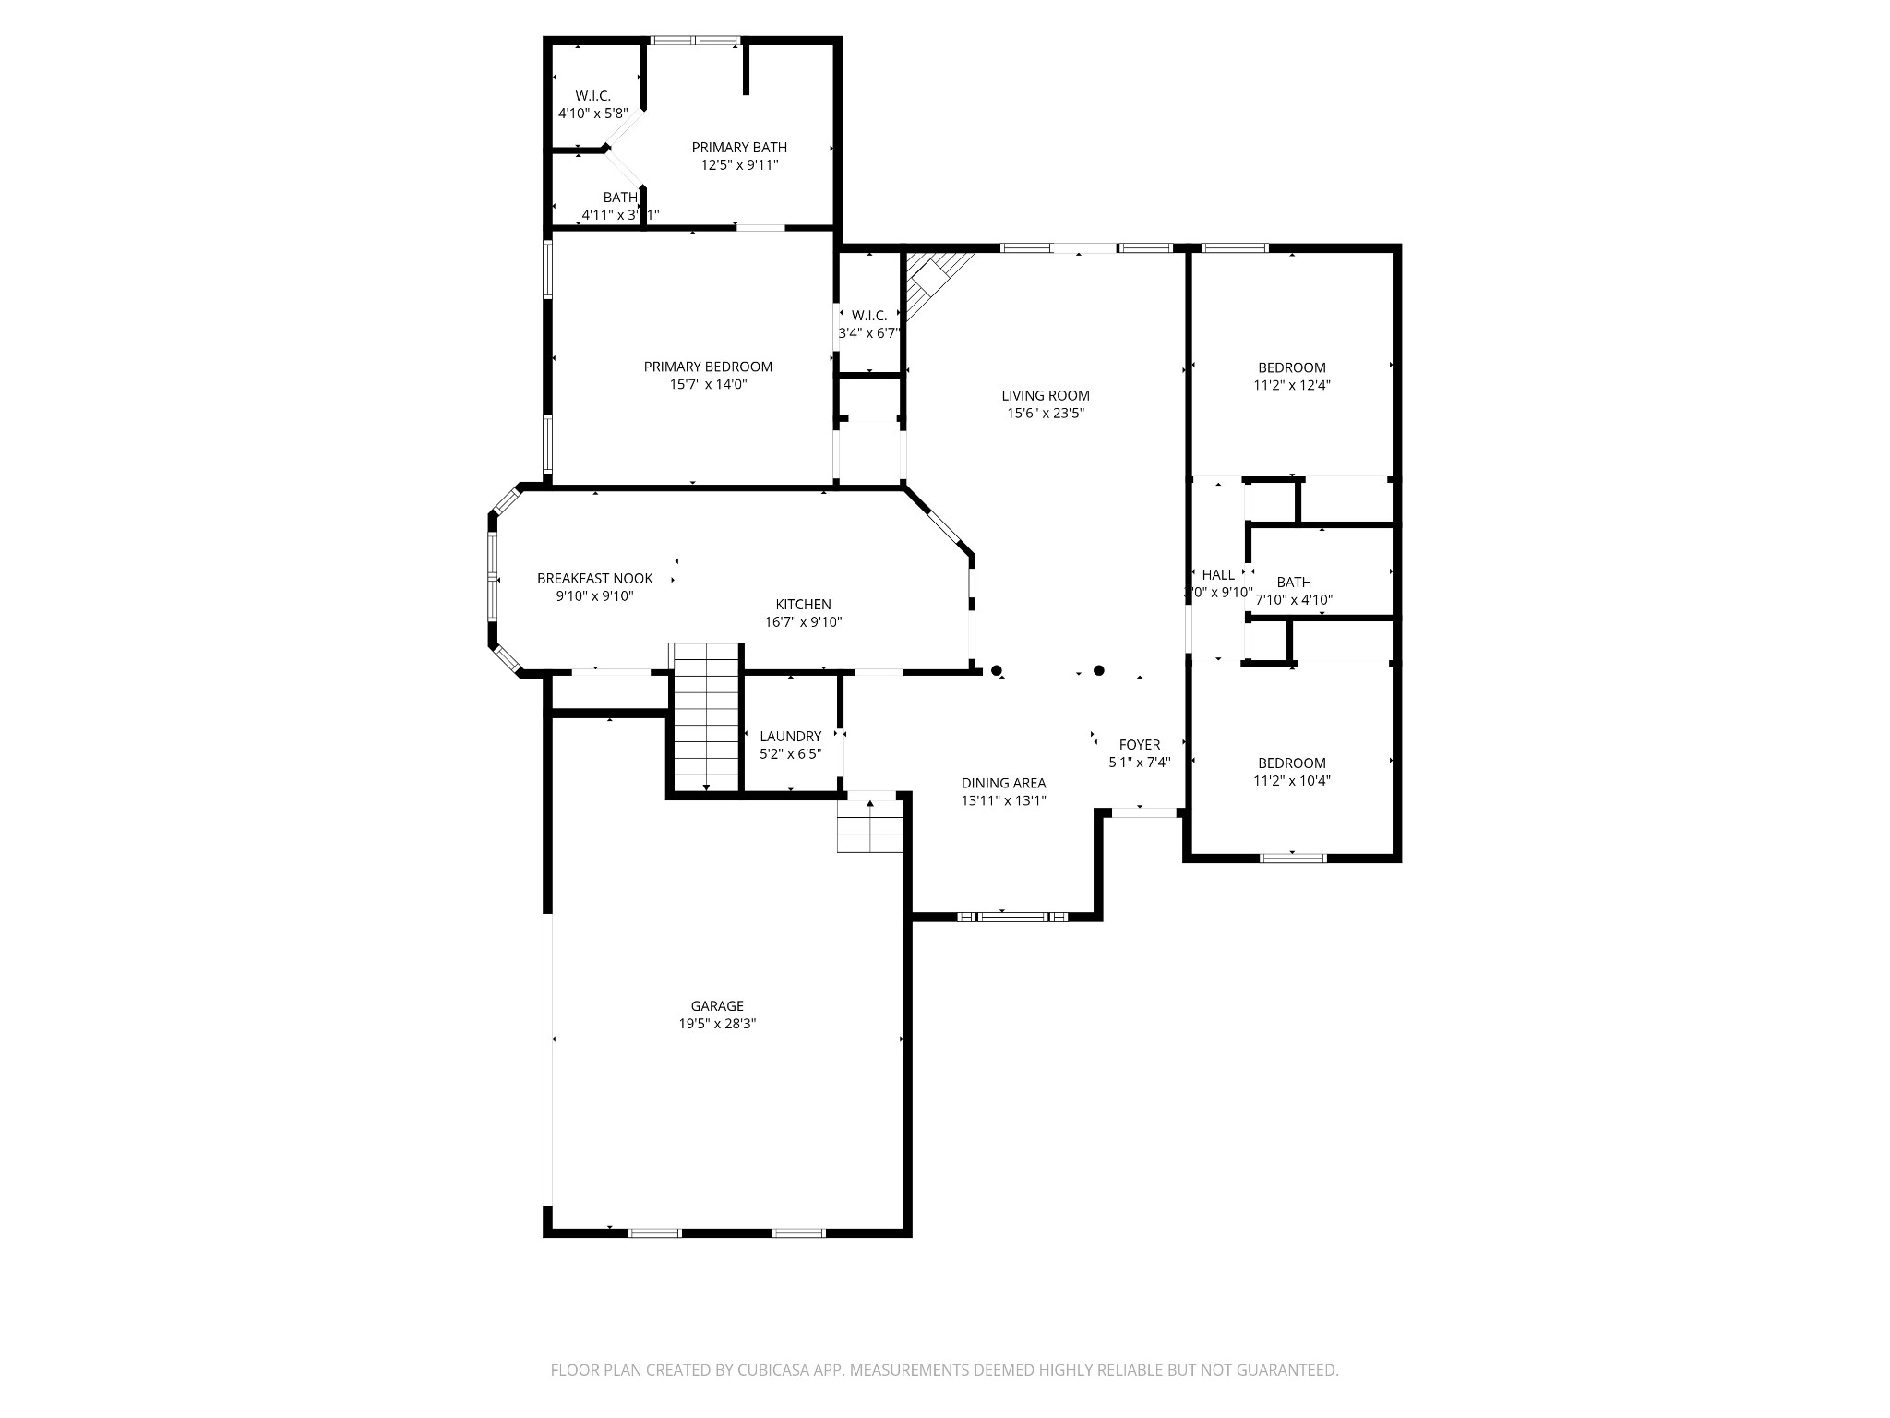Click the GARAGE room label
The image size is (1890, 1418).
717,1005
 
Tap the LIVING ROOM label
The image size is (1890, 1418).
1045,395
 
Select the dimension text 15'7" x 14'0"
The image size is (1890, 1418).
708,384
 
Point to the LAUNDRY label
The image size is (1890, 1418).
790,736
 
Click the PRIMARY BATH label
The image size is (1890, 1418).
739,147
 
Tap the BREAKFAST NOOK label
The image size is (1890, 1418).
594,578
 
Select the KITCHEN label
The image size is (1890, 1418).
803,604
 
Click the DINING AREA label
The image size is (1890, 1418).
1003,783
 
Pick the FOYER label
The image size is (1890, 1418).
1139,744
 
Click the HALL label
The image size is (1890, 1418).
1218,574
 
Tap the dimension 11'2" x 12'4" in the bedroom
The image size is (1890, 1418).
1291,385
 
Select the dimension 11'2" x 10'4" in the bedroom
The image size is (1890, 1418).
1291,780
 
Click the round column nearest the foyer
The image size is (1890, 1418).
1098,670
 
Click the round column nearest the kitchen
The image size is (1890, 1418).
996,670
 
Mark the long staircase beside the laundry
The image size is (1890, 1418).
706,717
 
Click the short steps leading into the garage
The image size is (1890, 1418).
869,826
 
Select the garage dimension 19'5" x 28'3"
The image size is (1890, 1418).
717,1023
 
